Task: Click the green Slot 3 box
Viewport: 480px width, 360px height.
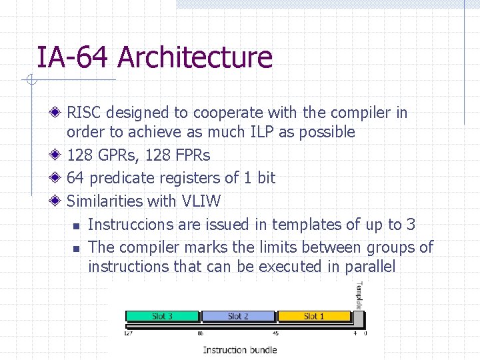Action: pos(163,317)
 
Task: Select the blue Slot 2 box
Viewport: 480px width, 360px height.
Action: pos(238,317)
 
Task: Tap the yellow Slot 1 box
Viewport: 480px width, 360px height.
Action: pos(314,317)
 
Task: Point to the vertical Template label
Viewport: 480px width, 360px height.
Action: pos(359,295)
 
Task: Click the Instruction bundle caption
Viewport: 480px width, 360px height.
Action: pos(239,349)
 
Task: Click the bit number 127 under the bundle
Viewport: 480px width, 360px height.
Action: pos(128,333)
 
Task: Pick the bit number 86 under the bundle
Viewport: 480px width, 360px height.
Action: pos(200,333)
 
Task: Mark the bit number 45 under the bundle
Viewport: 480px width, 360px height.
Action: pos(275,333)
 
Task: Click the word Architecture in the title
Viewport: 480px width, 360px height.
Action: pos(195,57)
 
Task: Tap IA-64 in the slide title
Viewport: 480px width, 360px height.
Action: pos(73,57)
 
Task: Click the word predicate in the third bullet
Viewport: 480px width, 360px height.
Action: pos(120,179)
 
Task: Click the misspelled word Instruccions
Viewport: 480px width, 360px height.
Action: pos(135,225)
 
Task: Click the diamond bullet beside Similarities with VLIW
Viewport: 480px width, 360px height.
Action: pos(59,201)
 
